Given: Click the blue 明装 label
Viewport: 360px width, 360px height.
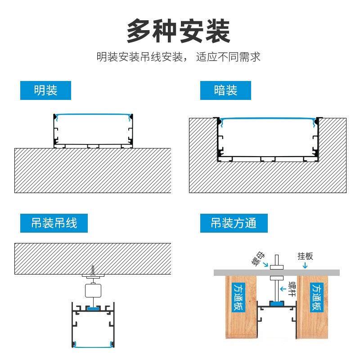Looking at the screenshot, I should pos(45,90).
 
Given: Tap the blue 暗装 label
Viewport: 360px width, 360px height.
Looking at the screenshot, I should pos(225,90).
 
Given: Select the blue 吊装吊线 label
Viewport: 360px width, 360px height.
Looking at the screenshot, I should pos(54,223).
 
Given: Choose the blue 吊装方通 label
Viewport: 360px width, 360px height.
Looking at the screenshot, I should pos(234,223).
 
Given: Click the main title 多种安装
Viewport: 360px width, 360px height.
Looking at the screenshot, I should pos(179,31).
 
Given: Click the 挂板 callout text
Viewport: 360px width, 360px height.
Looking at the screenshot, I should pos(305,256).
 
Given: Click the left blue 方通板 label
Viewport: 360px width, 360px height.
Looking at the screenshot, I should pos(238,297).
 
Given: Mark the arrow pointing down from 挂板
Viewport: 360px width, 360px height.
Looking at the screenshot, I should pos(305,265).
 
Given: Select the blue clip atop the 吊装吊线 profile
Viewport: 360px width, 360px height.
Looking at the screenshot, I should pos(94,309).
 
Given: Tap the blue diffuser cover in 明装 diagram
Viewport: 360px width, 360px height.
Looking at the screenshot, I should pos(93,114).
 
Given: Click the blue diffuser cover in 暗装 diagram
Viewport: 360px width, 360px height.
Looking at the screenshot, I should pos(267,119).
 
